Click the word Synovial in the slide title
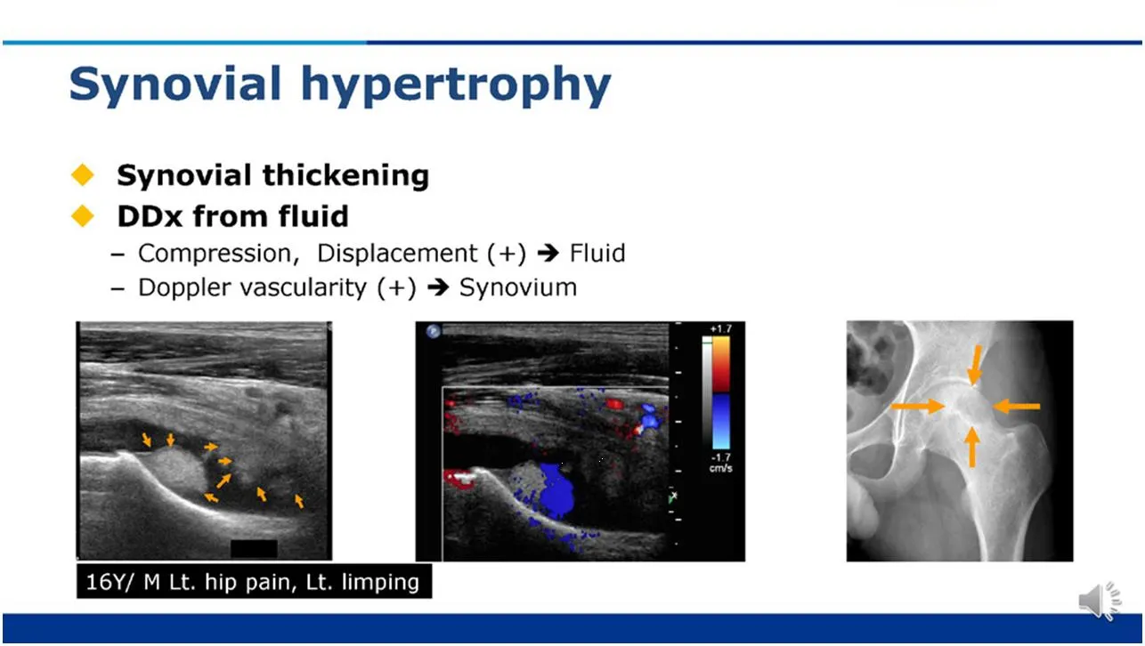pos(175,85)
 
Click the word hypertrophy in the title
pos(456,85)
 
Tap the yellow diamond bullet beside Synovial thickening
pos(82,174)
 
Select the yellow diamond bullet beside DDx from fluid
pos(82,215)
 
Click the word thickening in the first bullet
pos(346,175)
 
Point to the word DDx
pos(150,216)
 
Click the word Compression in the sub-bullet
pos(218,254)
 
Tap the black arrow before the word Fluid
pos(548,253)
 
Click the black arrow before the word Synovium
pos(438,287)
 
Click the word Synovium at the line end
pos(518,287)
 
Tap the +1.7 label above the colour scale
pos(720,329)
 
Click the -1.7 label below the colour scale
pos(720,457)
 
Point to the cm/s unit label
pos(720,468)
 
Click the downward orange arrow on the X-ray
pos(975,365)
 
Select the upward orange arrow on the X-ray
pos(972,447)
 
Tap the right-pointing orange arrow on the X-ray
pos(918,407)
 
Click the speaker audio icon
pos(1100,601)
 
